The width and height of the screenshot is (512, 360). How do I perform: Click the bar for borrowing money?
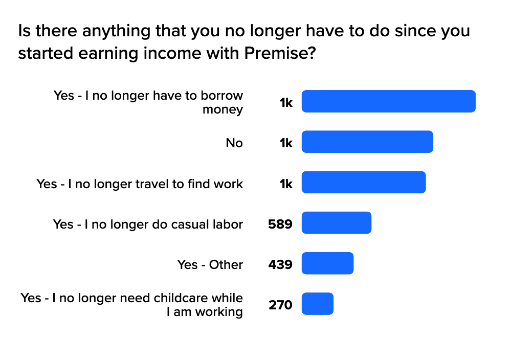[389, 101]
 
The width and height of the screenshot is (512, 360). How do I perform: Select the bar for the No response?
[367, 142]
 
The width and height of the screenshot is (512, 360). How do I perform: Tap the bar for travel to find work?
[364, 182]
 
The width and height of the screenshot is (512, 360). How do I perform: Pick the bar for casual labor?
[337, 222]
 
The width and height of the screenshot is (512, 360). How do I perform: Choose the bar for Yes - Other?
[327, 263]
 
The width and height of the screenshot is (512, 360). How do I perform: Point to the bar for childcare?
[318, 304]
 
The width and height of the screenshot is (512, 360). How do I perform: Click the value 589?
[280, 224]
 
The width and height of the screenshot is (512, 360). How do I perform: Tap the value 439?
[280, 265]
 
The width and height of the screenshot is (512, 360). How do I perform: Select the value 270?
[280, 305]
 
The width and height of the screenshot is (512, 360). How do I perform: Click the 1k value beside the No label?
[286, 143]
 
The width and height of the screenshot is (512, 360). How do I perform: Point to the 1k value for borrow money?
[286, 103]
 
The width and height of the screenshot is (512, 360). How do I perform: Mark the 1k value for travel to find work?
[286, 184]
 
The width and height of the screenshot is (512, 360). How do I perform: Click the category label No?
[234, 143]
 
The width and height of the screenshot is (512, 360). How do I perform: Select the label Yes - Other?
[210, 265]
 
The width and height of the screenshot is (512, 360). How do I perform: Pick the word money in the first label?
[222, 109]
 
